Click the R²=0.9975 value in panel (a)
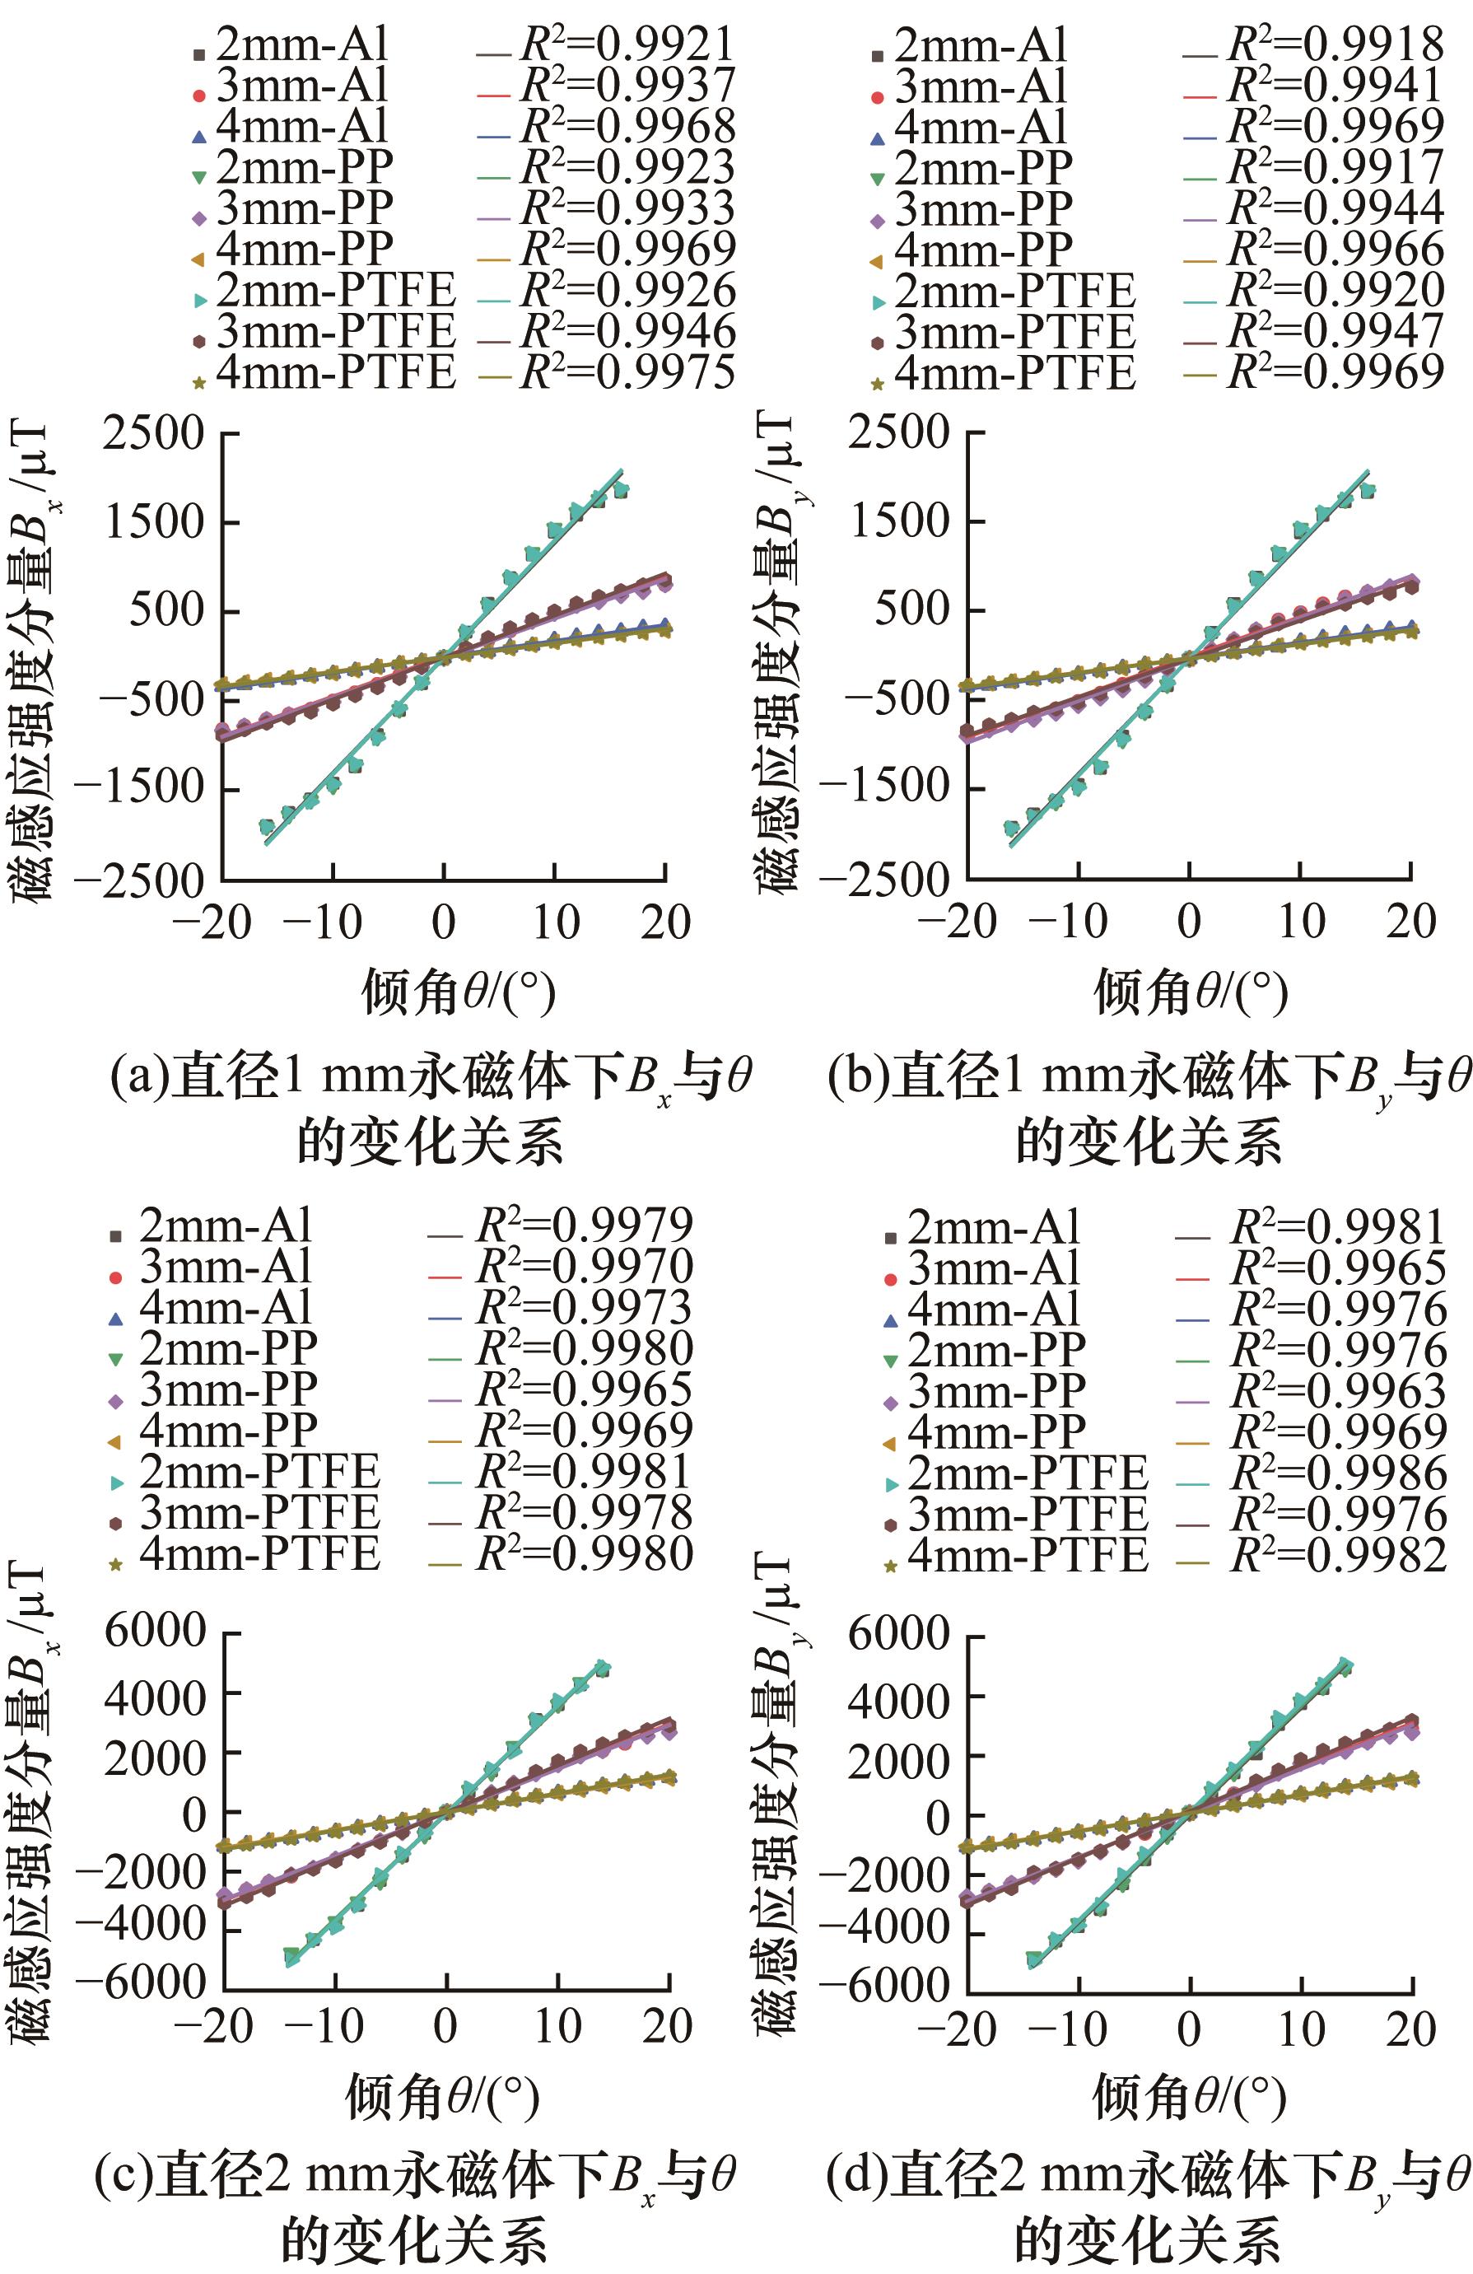point(627,372)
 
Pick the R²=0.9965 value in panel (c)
point(585,1389)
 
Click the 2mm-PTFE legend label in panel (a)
point(335,291)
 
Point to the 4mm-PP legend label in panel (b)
point(983,250)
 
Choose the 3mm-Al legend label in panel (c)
point(226,1266)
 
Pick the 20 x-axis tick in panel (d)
point(1411,2028)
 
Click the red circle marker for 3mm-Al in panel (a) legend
point(198,96)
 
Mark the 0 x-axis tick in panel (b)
point(1188,921)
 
